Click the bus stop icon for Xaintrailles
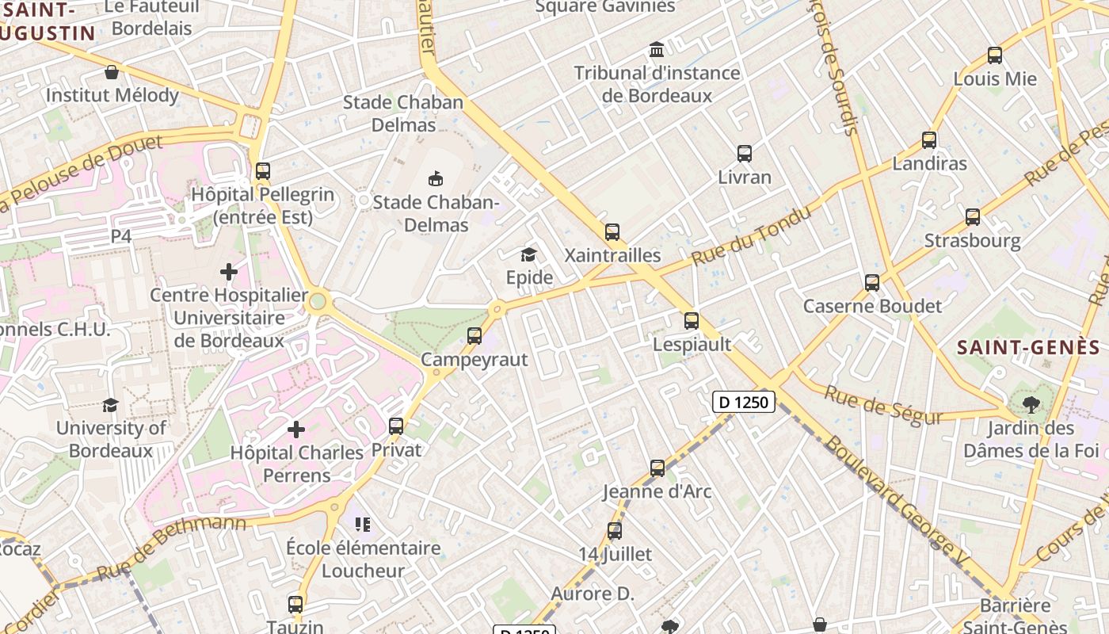click(612, 232)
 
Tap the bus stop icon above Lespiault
click(692, 321)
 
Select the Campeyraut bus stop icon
click(474, 336)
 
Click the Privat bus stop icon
click(396, 426)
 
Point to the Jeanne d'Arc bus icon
click(657, 468)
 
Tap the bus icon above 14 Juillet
click(615, 531)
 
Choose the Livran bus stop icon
click(745, 154)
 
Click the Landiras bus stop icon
click(929, 140)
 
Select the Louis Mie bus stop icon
click(995, 55)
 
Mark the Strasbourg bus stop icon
click(973, 217)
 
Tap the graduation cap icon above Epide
click(528, 254)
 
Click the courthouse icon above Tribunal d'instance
click(657, 50)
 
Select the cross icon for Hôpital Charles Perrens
click(296, 430)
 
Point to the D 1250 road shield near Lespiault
click(744, 402)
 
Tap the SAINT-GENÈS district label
click(1028, 347)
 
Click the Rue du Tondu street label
click(752, 236)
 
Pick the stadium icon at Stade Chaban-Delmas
click(436, 178)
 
